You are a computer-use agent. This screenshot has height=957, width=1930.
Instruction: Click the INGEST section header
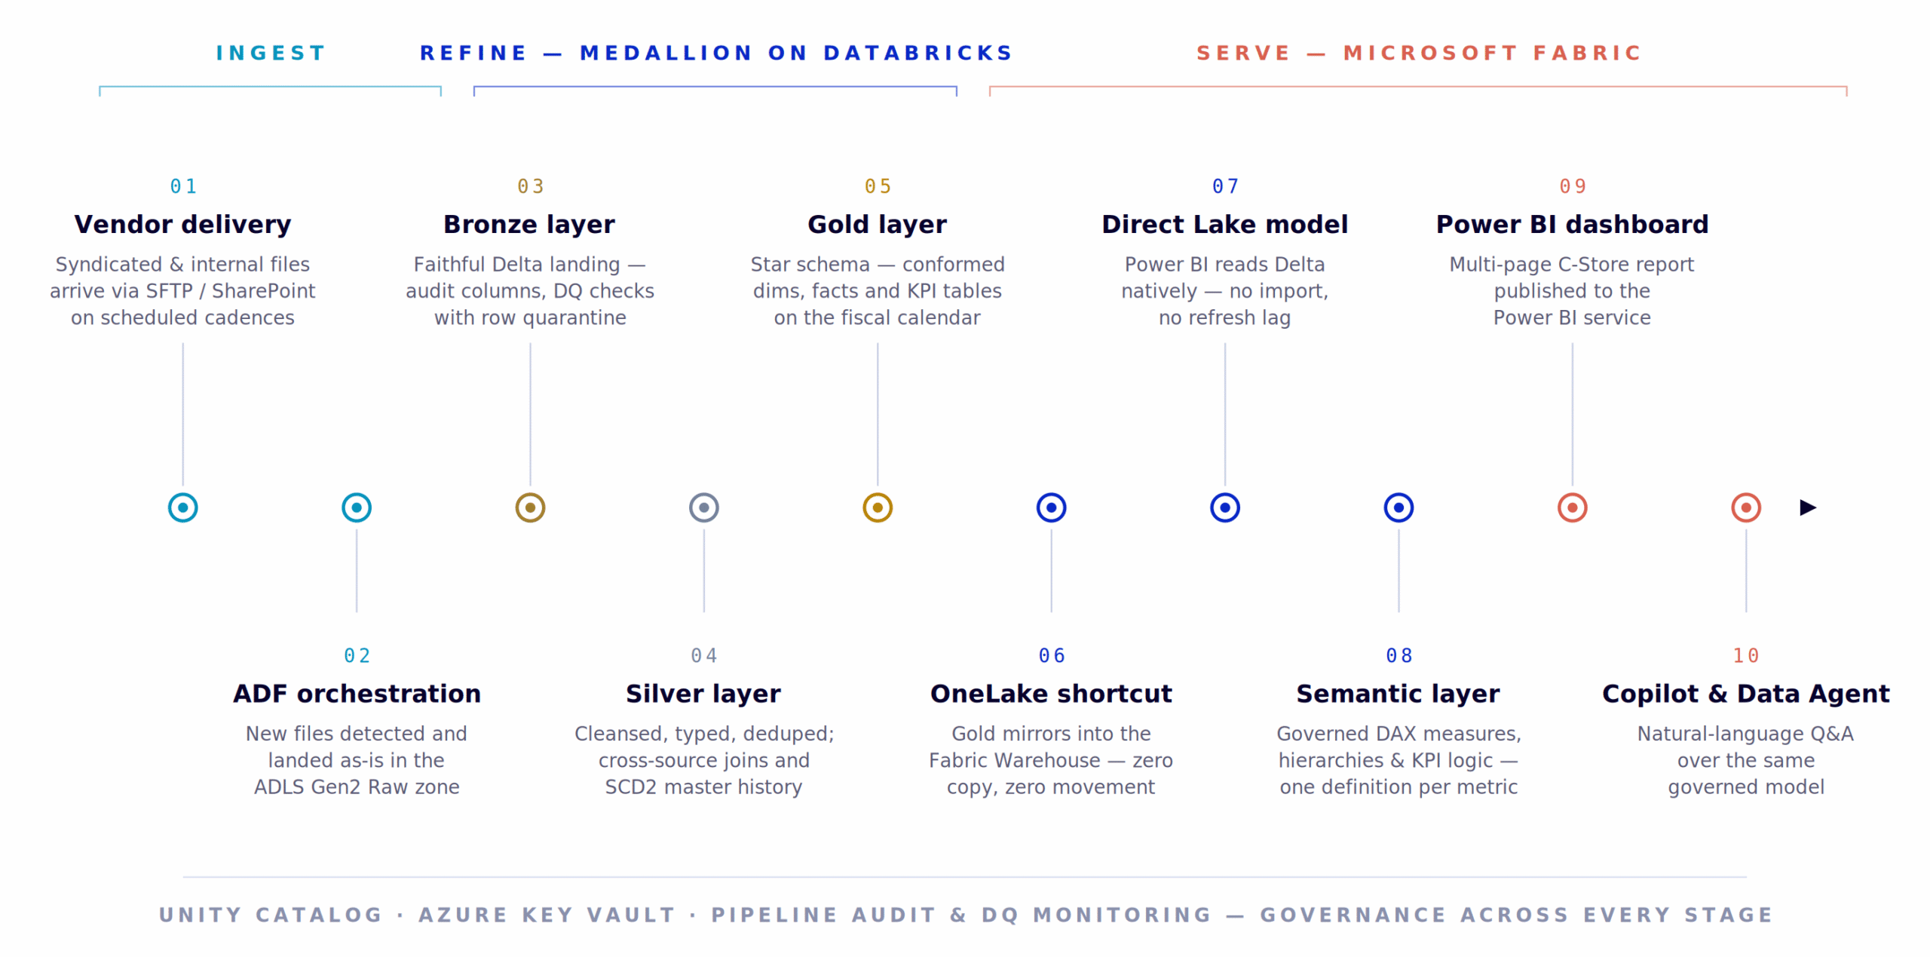270,53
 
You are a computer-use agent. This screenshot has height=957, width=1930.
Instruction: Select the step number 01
183,186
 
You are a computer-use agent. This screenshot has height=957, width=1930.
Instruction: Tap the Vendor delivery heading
182,224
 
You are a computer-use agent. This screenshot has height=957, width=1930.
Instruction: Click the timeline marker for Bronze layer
530,508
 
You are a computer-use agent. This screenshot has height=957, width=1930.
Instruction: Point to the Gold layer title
877,224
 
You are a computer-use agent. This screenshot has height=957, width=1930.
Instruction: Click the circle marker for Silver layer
703,508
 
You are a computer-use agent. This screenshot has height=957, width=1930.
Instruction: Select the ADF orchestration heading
357,693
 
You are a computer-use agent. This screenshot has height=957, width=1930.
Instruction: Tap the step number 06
1052,655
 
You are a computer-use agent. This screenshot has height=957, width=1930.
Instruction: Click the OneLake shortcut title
1051,693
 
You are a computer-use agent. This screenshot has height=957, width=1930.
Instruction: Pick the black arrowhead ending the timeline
1808,508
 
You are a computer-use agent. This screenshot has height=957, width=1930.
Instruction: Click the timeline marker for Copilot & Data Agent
1746,508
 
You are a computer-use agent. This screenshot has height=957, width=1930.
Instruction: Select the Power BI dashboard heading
1572,224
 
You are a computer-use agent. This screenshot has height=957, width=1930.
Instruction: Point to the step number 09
1573,186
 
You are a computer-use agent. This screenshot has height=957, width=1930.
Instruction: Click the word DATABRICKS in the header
918,53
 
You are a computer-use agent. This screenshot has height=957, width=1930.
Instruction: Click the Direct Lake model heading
1224,224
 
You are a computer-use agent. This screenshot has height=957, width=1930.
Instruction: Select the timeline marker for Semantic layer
1398,508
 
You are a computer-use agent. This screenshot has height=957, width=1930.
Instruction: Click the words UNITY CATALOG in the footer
271,915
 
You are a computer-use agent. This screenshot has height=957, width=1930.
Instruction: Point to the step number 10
1746,655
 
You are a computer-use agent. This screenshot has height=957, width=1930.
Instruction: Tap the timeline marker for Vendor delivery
183,508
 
